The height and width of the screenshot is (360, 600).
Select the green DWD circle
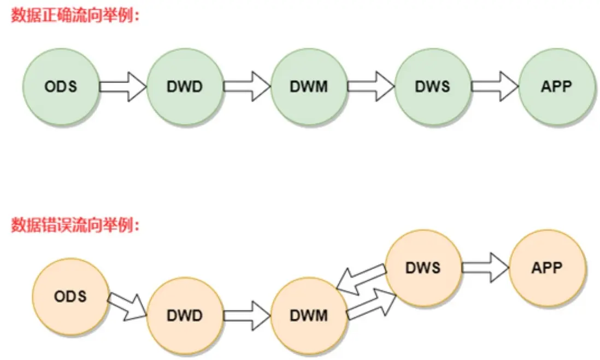pyautogui.click(x=185, y=87)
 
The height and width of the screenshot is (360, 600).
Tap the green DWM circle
pyautogui.click(x=309, y=87)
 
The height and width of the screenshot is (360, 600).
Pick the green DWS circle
pyautogui.click(x=433, y=87)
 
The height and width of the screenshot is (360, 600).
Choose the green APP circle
pyautogui.click(x=557, y=87)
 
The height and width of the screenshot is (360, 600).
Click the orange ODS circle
pyautogui.click(x=70, y=297)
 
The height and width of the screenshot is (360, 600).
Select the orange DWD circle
pyautogui.click(x=185, y=316)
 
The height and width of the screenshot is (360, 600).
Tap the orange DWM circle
pyautogui.click(x=309, y=316)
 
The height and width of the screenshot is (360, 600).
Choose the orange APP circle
pyautogui.click(x=547, y=268)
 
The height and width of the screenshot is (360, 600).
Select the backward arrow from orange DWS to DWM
pyautogui.click(x=361, y=279)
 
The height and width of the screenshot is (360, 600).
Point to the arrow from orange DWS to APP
pyautogui.click(x=485, y=268)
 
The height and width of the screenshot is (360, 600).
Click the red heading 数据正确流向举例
pyautogui.click(x=76, y=16)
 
